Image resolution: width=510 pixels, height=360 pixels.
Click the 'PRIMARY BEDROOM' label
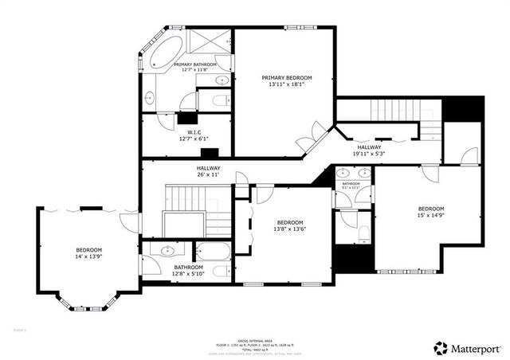click(x=287, y=77)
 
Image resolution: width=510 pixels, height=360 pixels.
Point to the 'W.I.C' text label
click(x=194, y=132)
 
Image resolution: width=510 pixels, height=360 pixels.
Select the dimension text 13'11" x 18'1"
click(x=287, y=84)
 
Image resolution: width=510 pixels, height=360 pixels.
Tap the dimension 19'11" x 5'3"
click(x=369, y=154)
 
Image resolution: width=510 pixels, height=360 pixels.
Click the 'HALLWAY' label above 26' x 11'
click(x=209, y=168)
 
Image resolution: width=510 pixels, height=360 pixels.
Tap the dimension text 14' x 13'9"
click(x=89, y=256)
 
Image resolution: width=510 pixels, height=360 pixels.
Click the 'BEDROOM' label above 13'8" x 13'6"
click(x=289, y=222)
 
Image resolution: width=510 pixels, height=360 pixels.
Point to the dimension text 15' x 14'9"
click(x=431, y=216)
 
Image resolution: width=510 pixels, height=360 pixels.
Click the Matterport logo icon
click(x=439, y=348)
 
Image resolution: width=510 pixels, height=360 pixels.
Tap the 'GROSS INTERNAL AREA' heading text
click(x=255, y=338)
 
